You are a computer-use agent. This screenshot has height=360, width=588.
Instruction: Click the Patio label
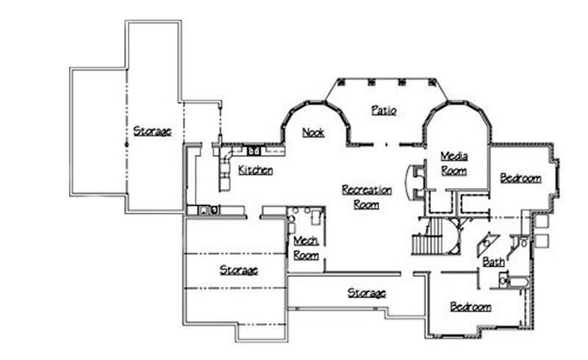pyautogui.click(x=384, y=111)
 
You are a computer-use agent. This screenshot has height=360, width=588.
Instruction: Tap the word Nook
pyautogui.click(x=314, y=132)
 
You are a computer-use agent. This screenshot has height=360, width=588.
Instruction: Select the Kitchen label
pyautogui.click(x=256, y=170)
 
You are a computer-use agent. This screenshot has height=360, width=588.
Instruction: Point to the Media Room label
pyautogui.click(x=453, y=163)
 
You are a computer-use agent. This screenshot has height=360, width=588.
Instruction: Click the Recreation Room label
pyautogui.click(x=367, y=197)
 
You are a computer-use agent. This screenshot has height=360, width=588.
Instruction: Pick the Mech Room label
pyautogui.click(x=306, y=248)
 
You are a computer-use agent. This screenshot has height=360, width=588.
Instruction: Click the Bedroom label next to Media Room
pyautogui.click(x=520, y=178)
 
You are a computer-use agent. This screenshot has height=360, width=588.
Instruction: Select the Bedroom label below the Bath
pyautogui.click(x=470, y=306)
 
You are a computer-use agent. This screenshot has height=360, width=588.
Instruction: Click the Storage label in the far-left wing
pyautogui.click(x=152, y=132)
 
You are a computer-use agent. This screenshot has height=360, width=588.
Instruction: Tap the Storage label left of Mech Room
pyautogui.click(x=239, y=270)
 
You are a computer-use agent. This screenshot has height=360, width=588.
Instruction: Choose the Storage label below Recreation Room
pyautogui.click(x=366, y=293)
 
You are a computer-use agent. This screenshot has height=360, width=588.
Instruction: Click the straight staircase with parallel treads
pyautogui.click(x=424, y=242)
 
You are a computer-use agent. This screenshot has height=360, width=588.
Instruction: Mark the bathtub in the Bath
pyautogui.click(x=518, y=281)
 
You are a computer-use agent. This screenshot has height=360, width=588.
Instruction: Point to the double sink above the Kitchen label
pyautogui.click(x=254, y=151)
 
